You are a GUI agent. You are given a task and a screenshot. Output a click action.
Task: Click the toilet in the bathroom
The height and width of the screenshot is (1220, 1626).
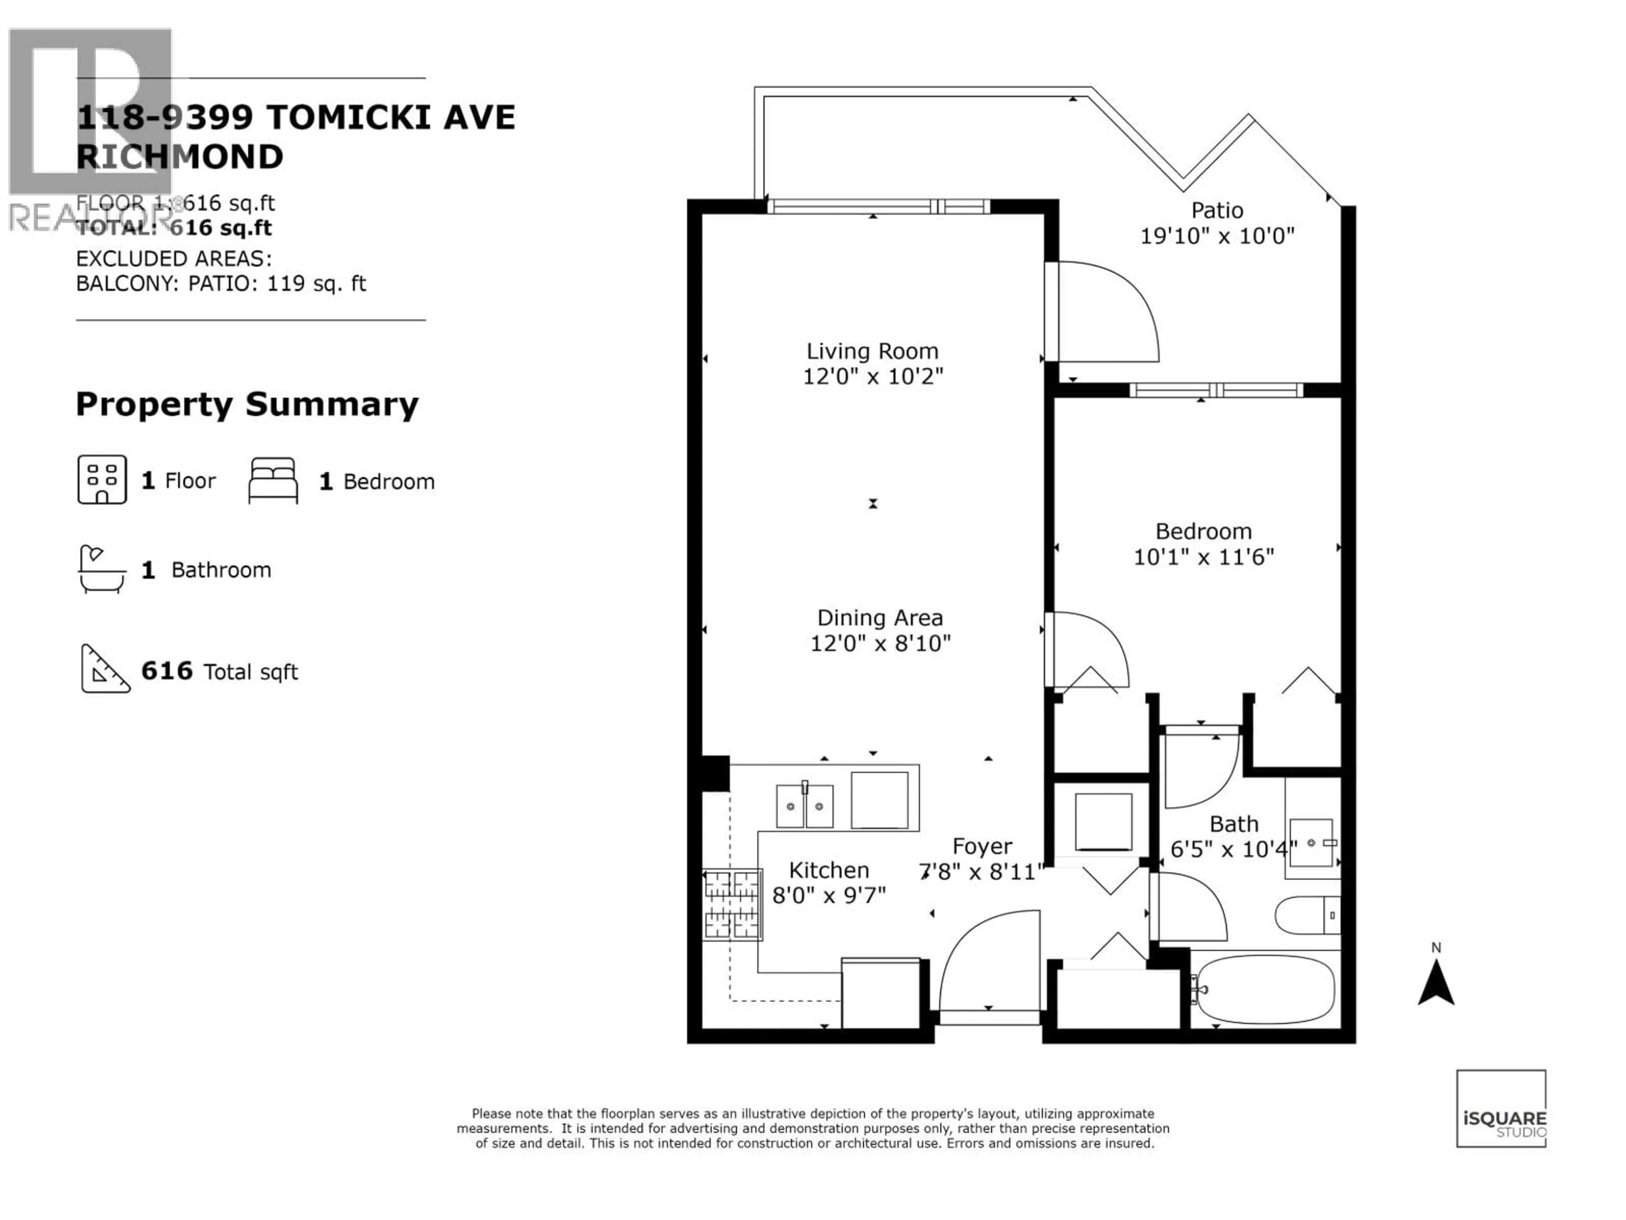[x=1307, y=915]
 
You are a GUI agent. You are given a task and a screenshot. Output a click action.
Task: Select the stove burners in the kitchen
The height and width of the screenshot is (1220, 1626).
[x=732, y=904]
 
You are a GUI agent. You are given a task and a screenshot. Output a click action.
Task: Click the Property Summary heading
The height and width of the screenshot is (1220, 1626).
[x=247, y=405]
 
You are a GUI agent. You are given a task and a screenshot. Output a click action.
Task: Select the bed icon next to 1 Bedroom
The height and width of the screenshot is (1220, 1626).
[x=273, y=481]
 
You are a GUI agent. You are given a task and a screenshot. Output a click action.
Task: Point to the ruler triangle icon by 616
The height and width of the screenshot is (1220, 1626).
[x=104, y=670]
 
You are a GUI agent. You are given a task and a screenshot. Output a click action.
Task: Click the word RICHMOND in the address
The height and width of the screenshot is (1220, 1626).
[x=180, y=157]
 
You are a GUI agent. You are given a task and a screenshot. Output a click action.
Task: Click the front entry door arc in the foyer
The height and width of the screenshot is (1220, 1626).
[x=989, y=956]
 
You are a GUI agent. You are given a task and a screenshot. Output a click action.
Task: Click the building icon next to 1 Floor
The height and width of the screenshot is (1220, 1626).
[x=102, y=480]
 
